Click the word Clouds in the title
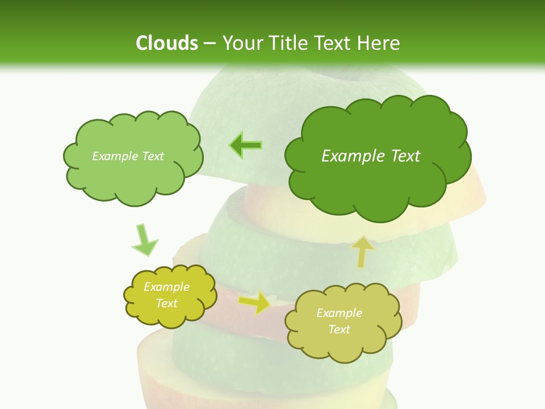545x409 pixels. (x=166, y=43)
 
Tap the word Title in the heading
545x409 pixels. (x=289, y=43)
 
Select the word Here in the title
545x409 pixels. (x=380, y=43)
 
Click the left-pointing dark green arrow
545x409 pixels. (x=246, y=145)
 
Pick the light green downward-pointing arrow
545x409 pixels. (x=144, y=240)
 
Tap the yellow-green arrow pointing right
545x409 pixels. (x=255, y=303)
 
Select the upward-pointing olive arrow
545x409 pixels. (x=363, y=252)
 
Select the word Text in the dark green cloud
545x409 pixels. (x=405, y=156)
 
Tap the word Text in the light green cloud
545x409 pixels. (x=153, y=156)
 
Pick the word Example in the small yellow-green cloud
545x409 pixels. (x=167, y=287)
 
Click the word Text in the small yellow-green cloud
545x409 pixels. (x=167, y=303)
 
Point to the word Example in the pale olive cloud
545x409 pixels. (x=339, y=313)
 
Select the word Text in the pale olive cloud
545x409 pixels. (x=339, y=329)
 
